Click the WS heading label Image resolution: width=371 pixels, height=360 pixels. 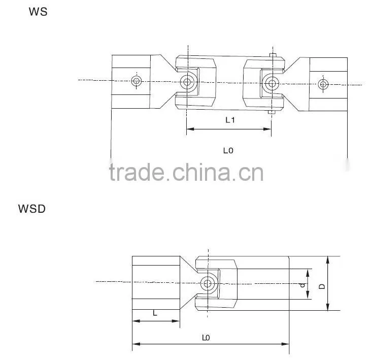38,12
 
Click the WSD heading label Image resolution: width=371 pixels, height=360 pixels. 31,209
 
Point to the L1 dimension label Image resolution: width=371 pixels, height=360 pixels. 230,120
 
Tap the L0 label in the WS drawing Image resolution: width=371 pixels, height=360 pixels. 228,150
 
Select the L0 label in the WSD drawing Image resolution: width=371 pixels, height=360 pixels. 206,338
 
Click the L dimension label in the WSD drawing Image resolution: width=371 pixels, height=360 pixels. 155,313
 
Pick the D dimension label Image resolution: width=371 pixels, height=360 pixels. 322,286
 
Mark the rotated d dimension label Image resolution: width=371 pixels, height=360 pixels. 302,285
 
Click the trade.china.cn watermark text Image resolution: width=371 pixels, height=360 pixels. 186,172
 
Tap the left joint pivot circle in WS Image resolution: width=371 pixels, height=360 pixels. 187,82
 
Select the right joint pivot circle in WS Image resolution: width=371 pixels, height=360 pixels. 272,83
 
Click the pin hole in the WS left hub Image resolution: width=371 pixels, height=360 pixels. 137,81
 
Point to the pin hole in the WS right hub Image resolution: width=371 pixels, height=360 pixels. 323,84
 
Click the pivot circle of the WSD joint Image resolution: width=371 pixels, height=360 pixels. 208,283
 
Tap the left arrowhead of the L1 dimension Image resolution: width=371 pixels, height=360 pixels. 190,129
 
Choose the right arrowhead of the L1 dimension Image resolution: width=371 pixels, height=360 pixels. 267,129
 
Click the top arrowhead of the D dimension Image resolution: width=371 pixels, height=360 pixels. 327,260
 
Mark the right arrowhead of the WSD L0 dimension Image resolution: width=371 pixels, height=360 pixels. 285,344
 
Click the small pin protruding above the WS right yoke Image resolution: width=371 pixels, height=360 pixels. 273,55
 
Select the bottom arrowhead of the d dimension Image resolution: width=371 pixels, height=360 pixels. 308,296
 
